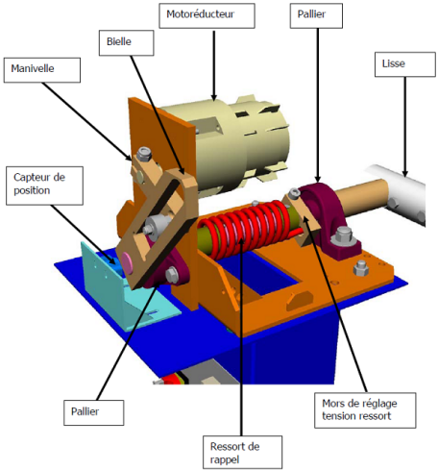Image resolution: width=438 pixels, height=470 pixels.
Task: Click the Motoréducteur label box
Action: [x=207, y=15]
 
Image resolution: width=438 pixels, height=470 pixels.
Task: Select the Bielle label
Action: [x=127, y=43]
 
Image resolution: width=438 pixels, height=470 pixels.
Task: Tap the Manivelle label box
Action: [x=42, y=70]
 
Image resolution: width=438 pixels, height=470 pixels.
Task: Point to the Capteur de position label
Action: [x=44, y=186]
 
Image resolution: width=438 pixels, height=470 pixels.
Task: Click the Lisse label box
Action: [x=405, y=64]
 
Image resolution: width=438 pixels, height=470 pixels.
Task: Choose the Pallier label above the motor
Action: [x=316, y=15]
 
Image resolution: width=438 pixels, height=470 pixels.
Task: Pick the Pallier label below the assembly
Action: [x=94, y=412]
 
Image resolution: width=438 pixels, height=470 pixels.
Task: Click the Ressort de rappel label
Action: [x=242, y=452]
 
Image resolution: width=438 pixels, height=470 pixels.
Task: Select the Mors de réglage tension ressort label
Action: [x=365, y=410]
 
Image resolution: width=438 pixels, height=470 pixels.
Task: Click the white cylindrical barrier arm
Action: [x=401, y=195]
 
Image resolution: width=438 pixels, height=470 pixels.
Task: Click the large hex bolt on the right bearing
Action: [x=343, y=235]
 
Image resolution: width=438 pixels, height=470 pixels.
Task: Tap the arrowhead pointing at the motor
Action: [x=214, y=97]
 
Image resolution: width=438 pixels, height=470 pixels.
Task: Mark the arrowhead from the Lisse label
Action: [x=405, y=173]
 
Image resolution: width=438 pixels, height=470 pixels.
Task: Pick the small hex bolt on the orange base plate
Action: [x=360, y=268]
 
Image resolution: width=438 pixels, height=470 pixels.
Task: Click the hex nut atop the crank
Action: [x=144, y=155]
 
